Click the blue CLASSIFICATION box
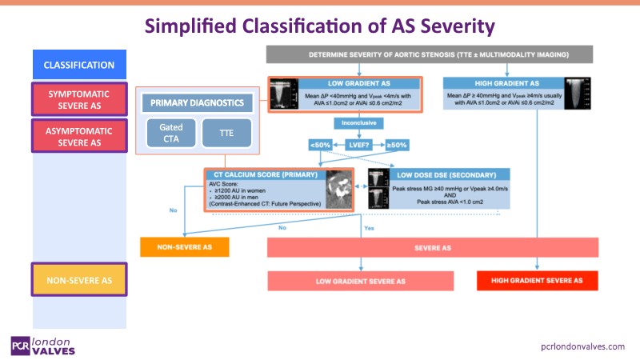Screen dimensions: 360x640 [78, 65]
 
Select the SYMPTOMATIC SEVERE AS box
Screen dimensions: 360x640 [78, 100]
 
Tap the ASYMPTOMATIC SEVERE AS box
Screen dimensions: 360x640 [78, 135]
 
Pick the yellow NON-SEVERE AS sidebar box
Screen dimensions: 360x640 [78, 279]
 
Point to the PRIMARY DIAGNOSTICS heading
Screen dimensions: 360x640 [198, 103]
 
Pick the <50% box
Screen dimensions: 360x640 [321, 145]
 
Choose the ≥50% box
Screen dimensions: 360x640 [397, 145]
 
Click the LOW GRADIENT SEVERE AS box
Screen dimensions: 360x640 [360, 282]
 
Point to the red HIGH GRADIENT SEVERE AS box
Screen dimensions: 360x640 [537, 282]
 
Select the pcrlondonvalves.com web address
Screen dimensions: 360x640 [582, 346]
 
